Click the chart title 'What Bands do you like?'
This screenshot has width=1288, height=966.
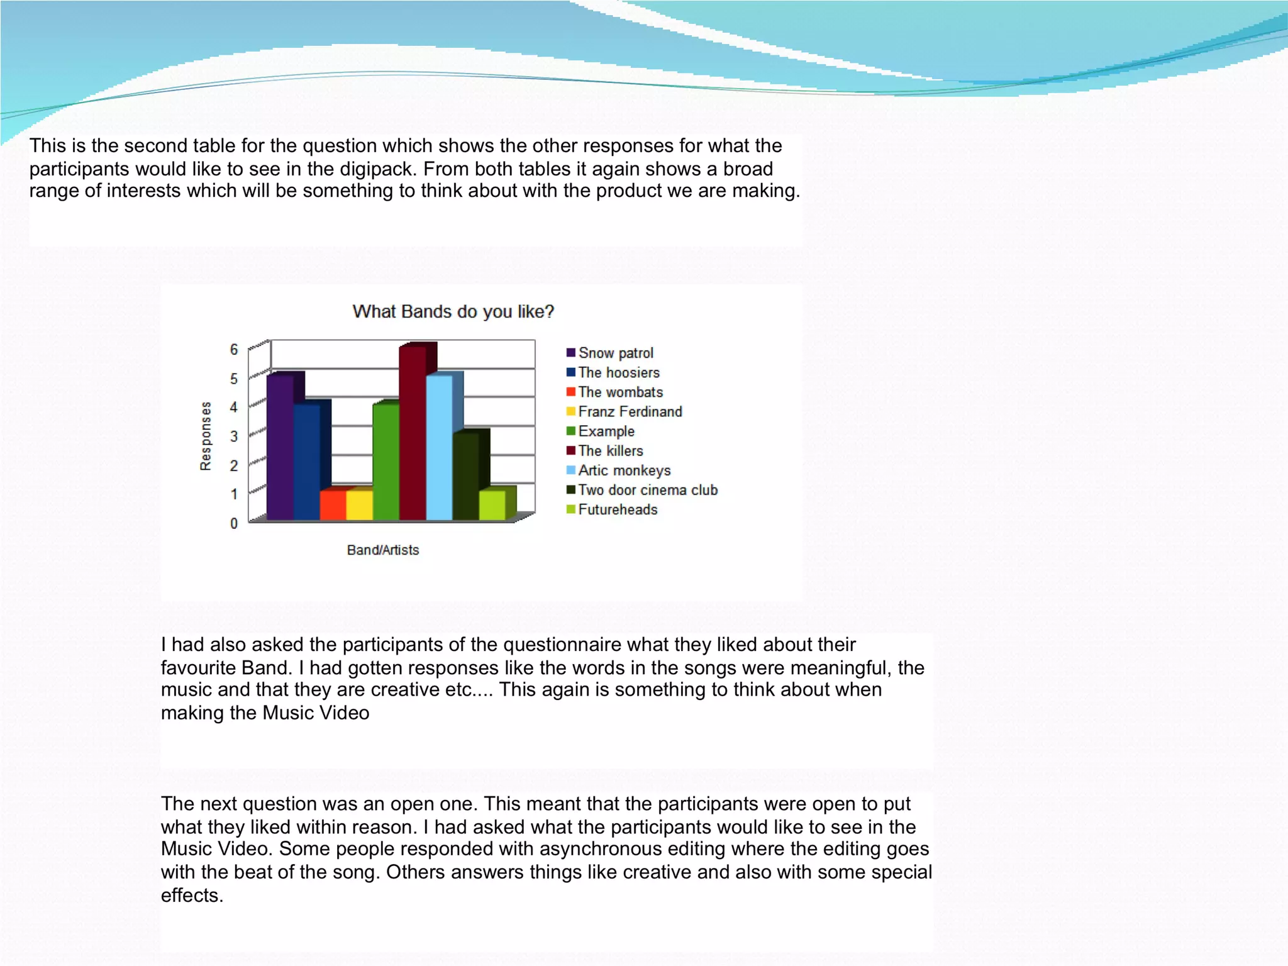coord(453,311)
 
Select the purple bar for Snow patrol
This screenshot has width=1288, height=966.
coord(280,448)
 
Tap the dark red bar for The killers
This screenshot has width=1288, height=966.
coord(413,434)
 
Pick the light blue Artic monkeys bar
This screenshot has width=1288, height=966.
coord(439,448)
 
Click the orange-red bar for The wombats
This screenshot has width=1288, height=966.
coord(333,505)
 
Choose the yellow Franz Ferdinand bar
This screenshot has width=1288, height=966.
coord(359,505)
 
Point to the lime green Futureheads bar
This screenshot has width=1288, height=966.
coord(492,505)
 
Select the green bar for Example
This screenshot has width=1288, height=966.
coord(386,462)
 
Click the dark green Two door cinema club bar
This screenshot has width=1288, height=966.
coord(465,477)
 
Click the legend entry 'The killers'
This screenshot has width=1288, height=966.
coord(610,451)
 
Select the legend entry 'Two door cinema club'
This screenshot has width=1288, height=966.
coord(647,490)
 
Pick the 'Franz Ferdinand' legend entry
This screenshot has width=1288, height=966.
coord(630,412)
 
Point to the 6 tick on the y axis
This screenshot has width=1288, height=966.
coord(234,350)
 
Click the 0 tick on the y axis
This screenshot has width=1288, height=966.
coord(234,523)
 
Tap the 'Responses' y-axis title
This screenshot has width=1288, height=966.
coord(206,436)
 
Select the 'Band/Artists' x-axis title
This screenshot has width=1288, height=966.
coord(382,550)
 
